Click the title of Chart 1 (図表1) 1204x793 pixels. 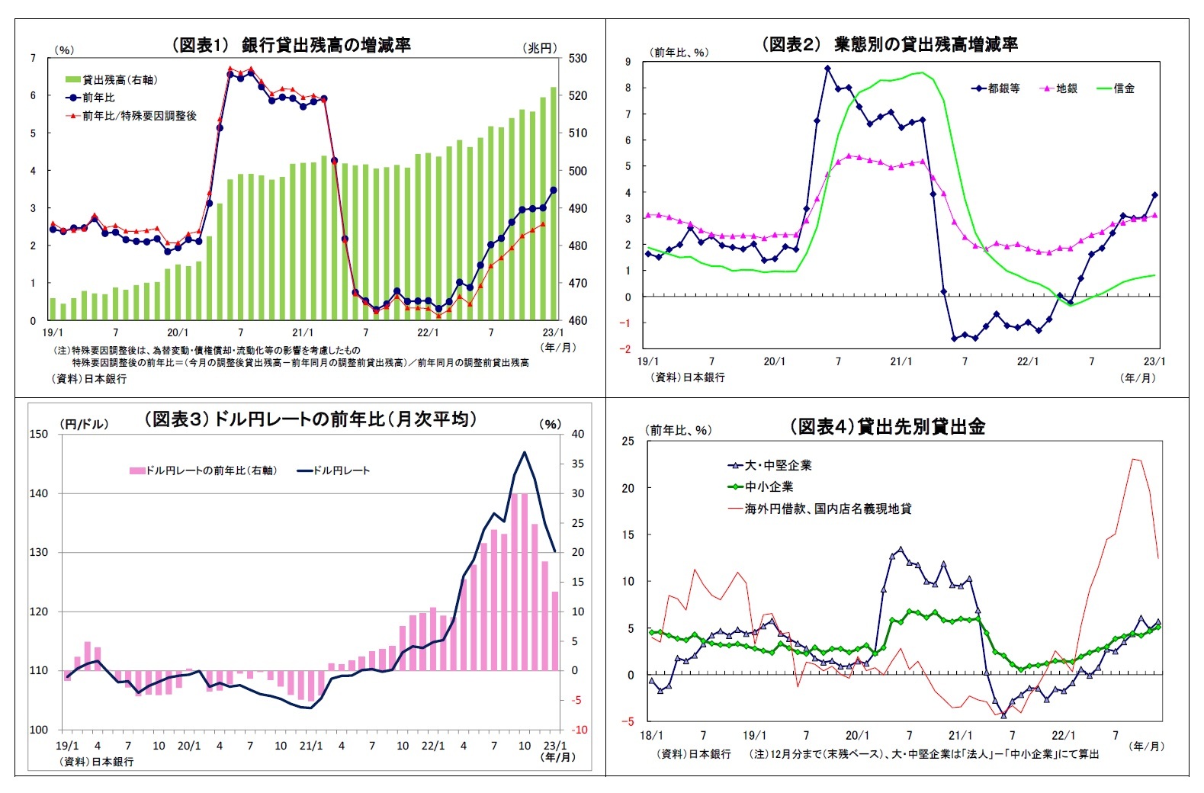(291, 45)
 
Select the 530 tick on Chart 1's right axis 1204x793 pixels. (577, 59)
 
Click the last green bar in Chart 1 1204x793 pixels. (554, 204)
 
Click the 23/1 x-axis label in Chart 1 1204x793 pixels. (553, 333)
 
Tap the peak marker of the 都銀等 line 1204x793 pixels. (827, 69)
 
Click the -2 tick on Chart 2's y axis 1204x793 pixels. (627, 349)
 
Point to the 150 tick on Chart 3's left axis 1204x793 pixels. (38, 434)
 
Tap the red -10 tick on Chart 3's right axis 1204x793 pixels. (580, 730)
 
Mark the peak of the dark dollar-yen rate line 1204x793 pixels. (524, 453)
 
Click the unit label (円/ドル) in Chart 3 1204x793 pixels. (84, 424)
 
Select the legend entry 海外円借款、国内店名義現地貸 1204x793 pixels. (827, 509)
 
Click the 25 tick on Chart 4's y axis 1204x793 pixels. (628, 441)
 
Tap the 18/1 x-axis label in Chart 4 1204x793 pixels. (651, 736)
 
